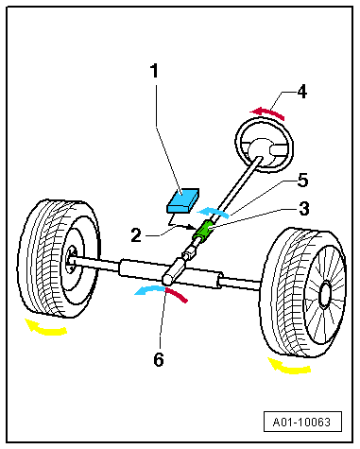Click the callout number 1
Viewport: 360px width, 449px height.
pyautogui.click(x=154, y=71)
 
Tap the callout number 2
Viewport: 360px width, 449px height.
pyautogui.click(x=136, y=235)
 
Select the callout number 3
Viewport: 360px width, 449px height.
pyautogui.click(x=303, y=209)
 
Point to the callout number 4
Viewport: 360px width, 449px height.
pyautogui.click(x=301, y=92)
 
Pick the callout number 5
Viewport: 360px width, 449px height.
pyautogui.click(x=302, y=181)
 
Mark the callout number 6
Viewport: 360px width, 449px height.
pyautogui.click(x=159, y=359)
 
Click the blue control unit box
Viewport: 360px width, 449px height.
pyautogui.click(x=182, y=200)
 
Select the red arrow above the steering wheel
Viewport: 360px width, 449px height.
pyautogui.click(x=268, y=112)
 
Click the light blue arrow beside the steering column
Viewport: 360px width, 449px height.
pyautogui.click(x=213, y=211)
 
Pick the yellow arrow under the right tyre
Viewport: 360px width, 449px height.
pyautogui.click(x=289, y=368)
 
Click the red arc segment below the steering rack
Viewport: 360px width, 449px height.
pyautogui.click(x=177, y=294)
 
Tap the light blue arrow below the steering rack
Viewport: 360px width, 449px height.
pyautogui.click(x=149, y=288)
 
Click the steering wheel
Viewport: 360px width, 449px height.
pyautogui.click(x=265, y=145)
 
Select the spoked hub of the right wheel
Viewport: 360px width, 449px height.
pyautogui.click(x=324, y=295)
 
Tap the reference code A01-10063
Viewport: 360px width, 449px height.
pyautogui.click(x=301, y=422)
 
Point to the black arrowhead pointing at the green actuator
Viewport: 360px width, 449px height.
pyautogui.click(x=194, y=227)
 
